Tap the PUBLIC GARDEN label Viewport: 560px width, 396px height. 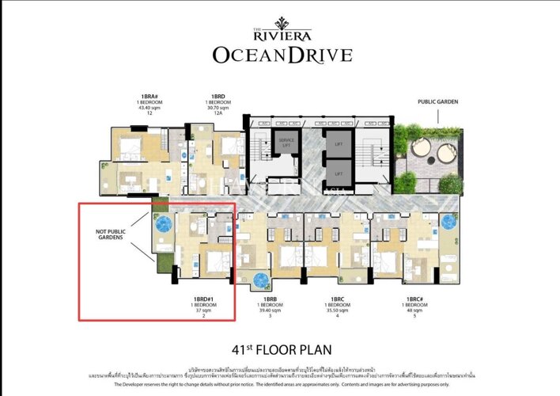tap(437, 102)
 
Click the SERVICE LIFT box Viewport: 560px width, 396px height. tap(286, 143)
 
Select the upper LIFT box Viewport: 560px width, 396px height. tap(338, 144)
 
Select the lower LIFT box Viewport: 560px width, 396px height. tap(338, 173)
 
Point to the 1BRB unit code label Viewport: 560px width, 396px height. tap(270, 299)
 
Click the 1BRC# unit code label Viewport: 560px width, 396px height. tap(413, 299)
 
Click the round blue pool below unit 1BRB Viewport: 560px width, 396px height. tap(260, 280)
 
